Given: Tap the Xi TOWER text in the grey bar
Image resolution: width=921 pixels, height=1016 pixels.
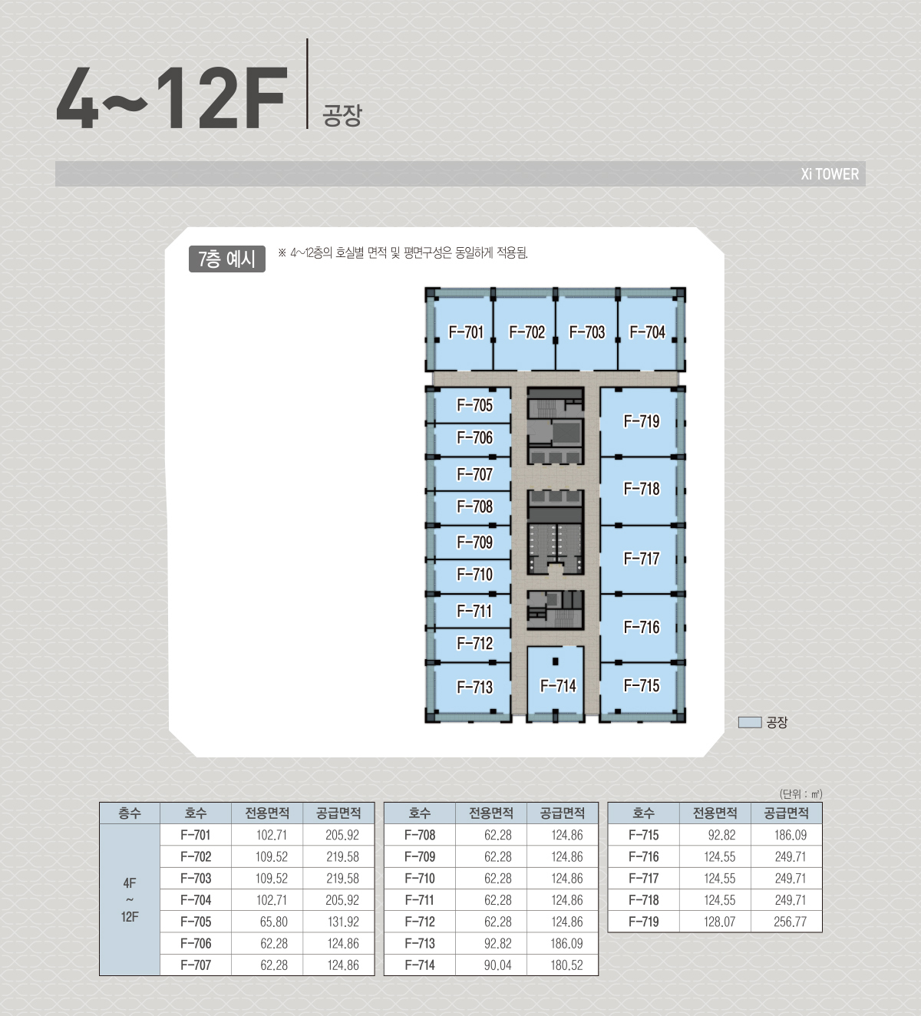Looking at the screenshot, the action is click(x=830, y=174).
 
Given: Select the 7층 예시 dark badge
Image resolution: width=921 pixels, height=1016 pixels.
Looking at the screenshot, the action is click(x=227, y=259).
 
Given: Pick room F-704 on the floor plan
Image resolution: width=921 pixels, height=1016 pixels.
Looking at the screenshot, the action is click(x=648, y=332).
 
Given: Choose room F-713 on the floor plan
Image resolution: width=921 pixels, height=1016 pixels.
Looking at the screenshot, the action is click(x=473, y=688).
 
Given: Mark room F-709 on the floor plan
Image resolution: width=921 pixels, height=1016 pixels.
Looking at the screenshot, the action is click(x=473, y=543).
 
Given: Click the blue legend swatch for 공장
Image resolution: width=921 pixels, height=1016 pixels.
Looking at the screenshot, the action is click(x=750, y=722).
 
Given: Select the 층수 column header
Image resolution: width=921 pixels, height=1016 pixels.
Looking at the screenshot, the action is click(x=130, y=813).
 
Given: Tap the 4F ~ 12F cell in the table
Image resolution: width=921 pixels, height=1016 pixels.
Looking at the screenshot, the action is click(x=130, y=900).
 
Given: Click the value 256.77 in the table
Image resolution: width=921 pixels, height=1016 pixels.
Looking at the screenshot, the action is click(x=790, y=922).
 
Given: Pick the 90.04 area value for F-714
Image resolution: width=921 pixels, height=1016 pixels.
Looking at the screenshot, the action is click(x=497, y=965).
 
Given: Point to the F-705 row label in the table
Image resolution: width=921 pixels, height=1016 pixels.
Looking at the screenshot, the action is click(x=196, y=922).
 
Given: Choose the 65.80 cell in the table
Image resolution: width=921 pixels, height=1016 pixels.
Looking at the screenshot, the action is click(x=273, y=922).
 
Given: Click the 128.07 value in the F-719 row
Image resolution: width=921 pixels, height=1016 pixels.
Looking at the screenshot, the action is click(x=719, y=922).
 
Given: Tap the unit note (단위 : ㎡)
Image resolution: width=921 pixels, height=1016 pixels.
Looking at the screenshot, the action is click(x=801, y=794).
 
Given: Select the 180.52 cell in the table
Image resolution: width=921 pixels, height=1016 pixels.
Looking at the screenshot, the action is click(x=567, y=965).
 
